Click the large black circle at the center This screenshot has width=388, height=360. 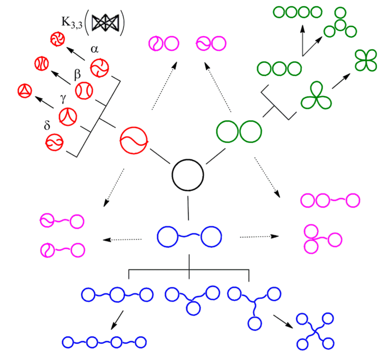coord(188,175)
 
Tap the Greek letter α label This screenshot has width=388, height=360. coord(95,49)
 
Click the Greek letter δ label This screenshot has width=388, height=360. coord(47,125)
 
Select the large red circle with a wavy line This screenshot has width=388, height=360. coord(134,140)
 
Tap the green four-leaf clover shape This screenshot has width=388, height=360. coord(366,60)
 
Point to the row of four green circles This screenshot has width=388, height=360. coord(298,12)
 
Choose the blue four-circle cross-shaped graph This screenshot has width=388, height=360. coord(315,331)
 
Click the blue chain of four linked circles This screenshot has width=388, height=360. coord(104,342)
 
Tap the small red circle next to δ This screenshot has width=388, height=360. coord(54,142)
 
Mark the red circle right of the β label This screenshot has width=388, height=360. coord(84,90)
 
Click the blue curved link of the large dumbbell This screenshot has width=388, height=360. coord(190,236)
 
